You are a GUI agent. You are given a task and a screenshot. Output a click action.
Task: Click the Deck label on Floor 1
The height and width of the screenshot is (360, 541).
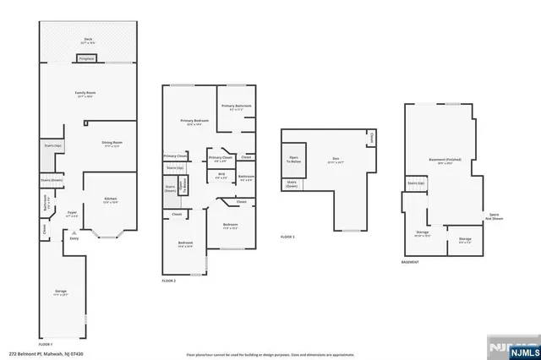(87, 41)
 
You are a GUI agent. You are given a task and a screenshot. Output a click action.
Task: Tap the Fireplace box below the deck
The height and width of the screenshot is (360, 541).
(87, 59)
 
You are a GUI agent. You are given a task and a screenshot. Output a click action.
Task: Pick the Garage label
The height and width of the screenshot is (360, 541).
(61, 292)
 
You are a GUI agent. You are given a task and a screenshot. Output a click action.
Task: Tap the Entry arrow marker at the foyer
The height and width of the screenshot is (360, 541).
(74, 239)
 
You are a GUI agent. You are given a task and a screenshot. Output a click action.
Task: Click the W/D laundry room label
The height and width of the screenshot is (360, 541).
(220, 177)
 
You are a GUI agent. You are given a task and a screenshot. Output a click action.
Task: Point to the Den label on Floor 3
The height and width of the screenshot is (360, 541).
(335, 159)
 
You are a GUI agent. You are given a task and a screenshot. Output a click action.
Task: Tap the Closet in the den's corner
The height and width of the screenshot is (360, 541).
(369, 137)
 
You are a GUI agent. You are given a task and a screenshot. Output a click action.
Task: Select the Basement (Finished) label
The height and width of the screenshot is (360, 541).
(445, 161)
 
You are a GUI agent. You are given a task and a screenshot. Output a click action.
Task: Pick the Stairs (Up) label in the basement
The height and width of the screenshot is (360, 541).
(415, 183)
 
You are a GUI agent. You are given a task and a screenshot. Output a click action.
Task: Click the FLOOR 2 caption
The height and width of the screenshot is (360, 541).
(170, 278)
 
